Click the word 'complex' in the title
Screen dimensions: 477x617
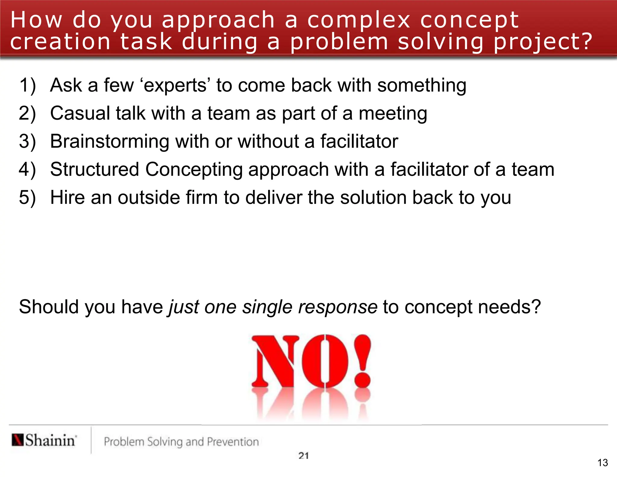359,21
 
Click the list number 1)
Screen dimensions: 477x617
27,85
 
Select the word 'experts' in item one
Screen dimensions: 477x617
175,86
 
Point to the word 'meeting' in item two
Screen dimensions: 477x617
393,114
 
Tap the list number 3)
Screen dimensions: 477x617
27,141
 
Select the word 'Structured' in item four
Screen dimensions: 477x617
94,169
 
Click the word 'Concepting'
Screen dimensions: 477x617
194,170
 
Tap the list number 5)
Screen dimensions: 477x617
27,197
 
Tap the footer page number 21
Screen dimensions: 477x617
304,456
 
